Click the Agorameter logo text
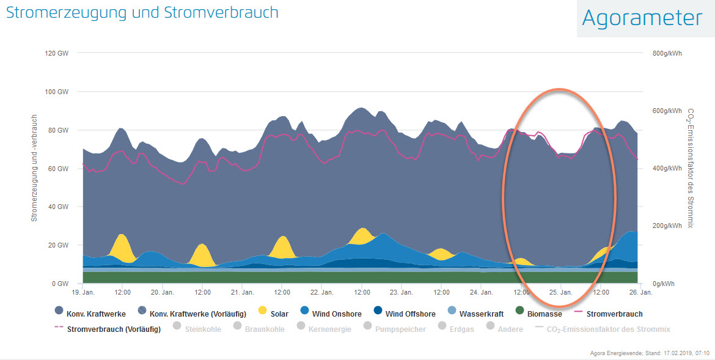[x=642, y=18]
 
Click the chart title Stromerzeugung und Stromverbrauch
[x=142, y=12]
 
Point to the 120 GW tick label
[x=57, y=53]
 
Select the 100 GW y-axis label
[x=57, y=92]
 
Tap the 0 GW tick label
[x=60, y=284]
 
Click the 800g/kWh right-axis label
[x=667, y=53]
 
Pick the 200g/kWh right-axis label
[x=667, y=226]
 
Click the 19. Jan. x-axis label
[x=90, y=293]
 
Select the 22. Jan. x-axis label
[x=322, y=293]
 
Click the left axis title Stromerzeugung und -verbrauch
[x=34, y=167]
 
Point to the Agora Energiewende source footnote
[x=649, y=353]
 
